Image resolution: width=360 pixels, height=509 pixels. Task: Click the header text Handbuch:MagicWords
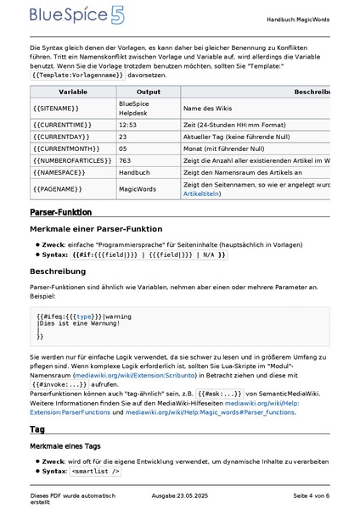tap(298, 19)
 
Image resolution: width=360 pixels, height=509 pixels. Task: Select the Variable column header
tap(72, 91)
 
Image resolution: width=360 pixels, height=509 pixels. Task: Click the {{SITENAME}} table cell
tap(56, 109)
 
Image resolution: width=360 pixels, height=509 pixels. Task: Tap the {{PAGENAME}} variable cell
tap(56, 188)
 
